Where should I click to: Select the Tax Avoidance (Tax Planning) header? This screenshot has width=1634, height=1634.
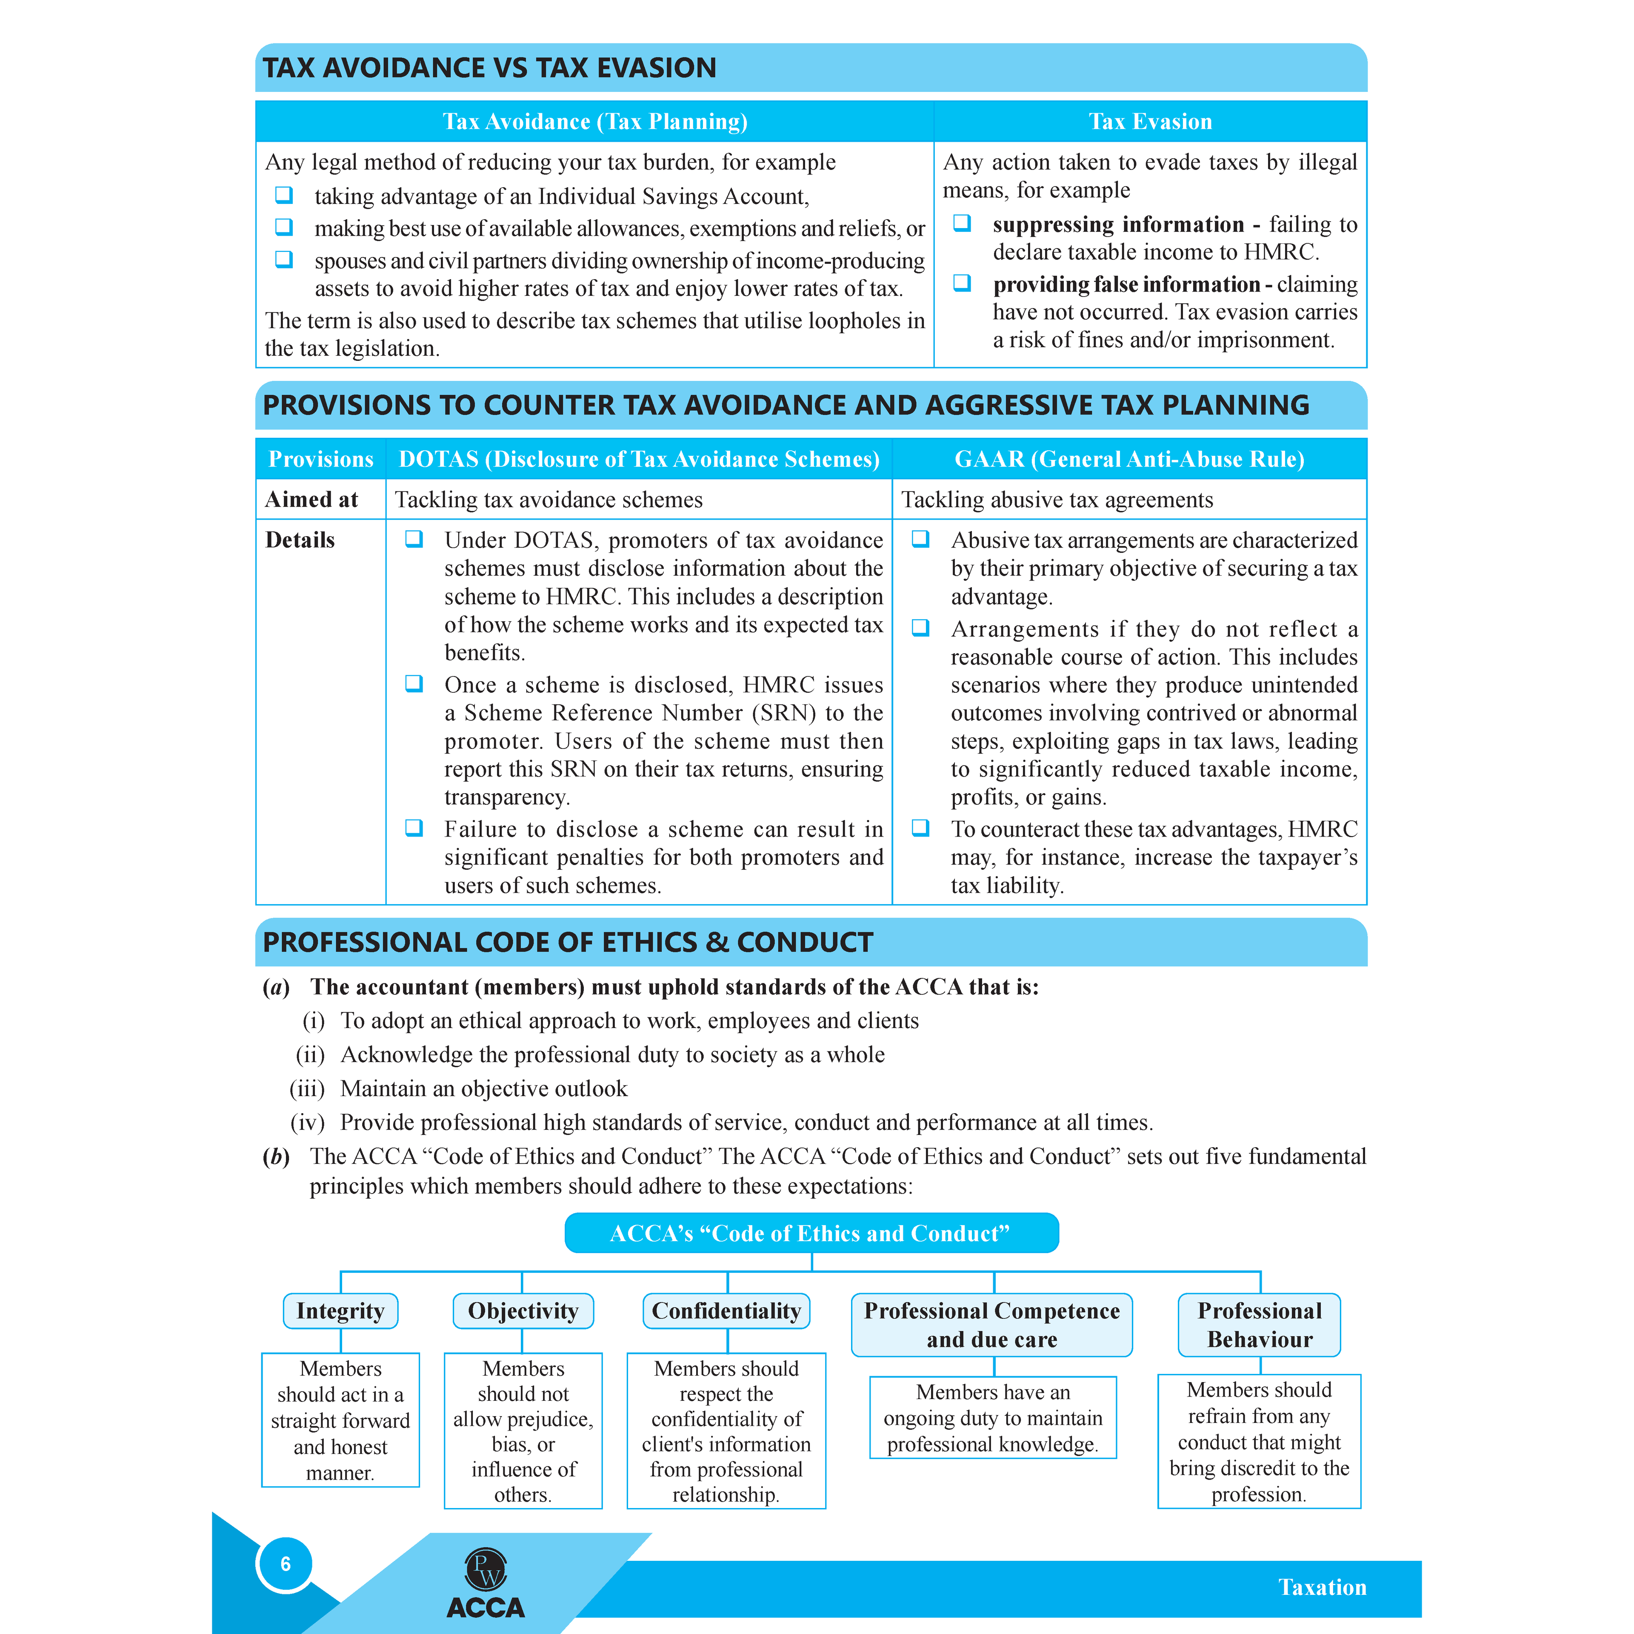pos(594,122)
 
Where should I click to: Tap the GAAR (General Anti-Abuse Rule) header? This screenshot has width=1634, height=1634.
pos(1129,459)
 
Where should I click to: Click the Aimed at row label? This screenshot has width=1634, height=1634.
pos(311,500)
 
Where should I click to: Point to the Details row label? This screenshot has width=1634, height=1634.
pos(300,540)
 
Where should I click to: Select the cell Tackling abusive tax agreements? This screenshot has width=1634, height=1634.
pos(1057,500)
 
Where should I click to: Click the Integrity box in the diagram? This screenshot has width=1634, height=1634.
pos(340,1311)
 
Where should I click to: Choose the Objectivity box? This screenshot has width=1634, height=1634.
pos(523,1311)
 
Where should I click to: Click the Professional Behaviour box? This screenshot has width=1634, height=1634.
pos(1260,1325)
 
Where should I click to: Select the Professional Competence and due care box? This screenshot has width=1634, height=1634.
pos(991,1325)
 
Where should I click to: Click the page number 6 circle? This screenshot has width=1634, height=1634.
pos(285,1564)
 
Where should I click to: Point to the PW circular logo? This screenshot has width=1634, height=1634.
pos(486,1570)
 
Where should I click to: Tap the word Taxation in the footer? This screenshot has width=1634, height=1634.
pos(1322,1588)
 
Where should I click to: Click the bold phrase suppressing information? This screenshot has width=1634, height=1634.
pos(1118,225)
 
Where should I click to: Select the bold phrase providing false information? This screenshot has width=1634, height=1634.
pos(1126,285)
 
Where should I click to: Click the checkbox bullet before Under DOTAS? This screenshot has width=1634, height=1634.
pos(414,540)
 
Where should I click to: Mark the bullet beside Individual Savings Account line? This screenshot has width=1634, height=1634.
pos(284,195)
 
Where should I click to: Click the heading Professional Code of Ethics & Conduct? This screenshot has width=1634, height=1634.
pos(568,942)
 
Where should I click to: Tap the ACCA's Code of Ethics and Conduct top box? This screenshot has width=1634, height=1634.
pos(811,1233)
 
